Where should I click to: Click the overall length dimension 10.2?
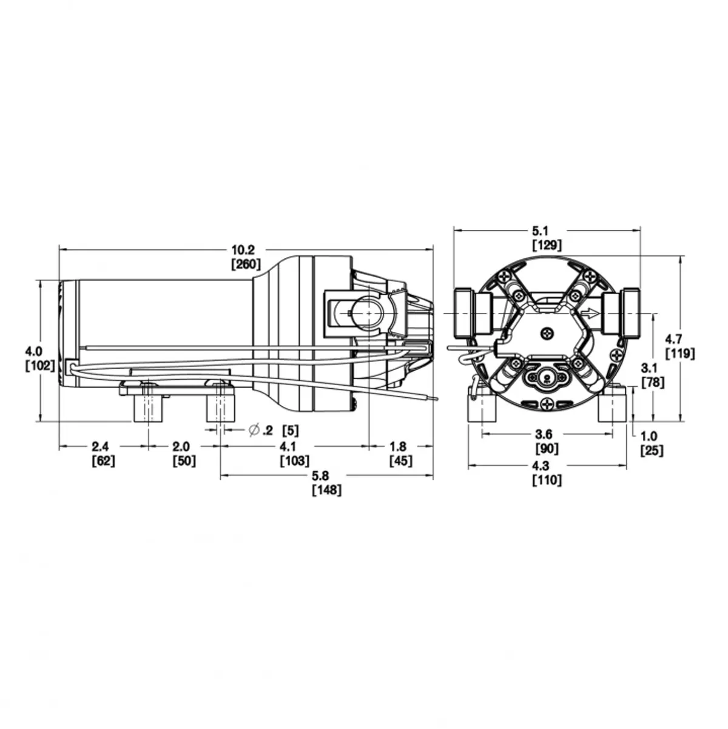tap(243, 250)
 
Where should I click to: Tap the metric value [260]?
tap(246, 264)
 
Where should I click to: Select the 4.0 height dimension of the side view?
tap(34, 351)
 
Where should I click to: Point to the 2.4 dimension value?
tap(100, 446)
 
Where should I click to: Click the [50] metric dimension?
tap(184, 461)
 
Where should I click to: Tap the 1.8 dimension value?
tap(398, 446)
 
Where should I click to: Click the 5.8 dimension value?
tap(320, 475)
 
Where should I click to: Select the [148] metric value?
tap(327, 490)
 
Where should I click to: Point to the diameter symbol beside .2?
tap(254, 430)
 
